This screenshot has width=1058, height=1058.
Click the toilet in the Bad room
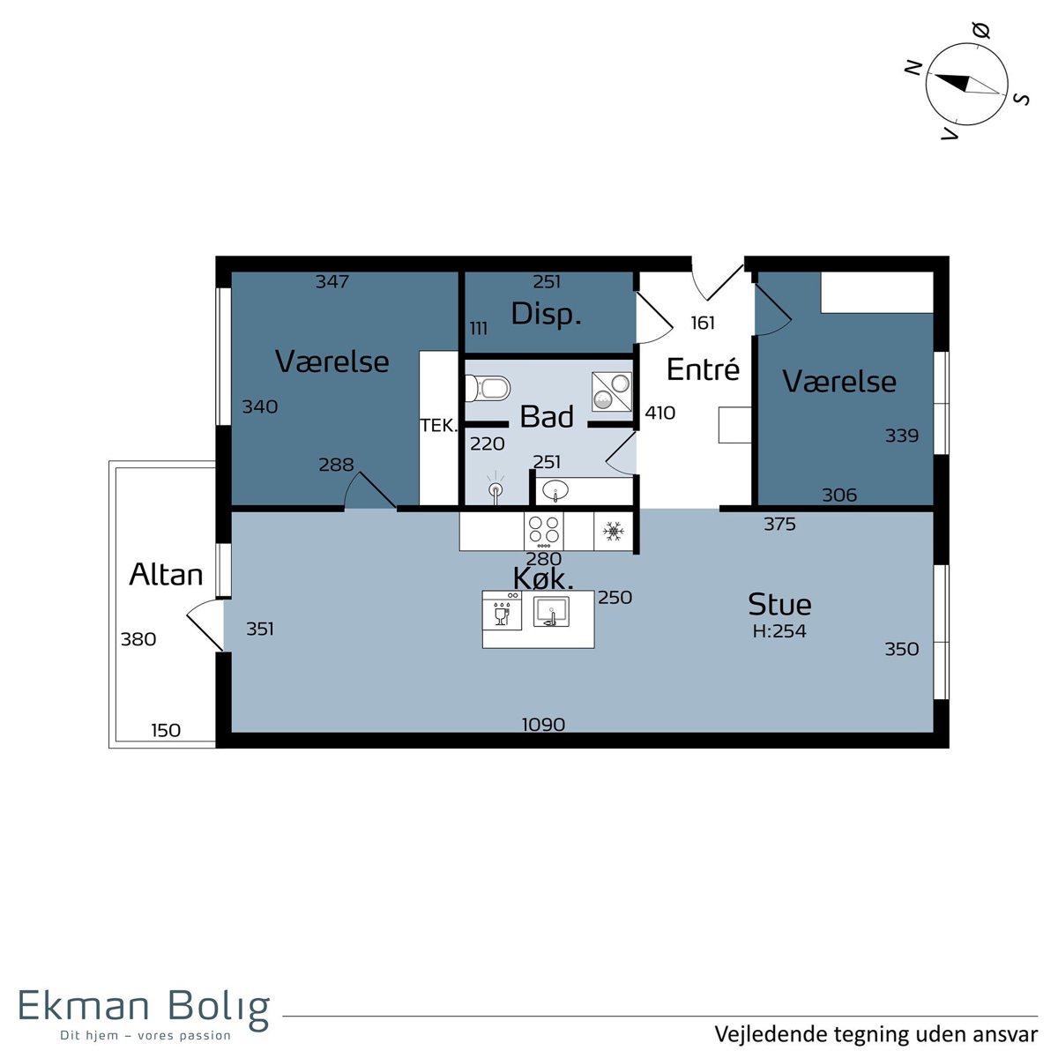pos(488,389)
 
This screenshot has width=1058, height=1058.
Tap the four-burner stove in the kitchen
pos(544,531)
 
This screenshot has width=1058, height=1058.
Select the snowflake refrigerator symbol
pos(613,531)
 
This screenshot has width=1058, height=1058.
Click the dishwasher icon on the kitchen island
pos(502,610)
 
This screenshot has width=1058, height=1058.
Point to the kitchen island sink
pos(551,612)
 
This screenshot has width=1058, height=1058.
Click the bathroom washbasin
pos(555,490)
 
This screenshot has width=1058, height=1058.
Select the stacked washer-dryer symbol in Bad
pos(612,391)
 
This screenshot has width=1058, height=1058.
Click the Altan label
pos(166,575)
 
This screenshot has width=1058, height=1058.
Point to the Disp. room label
pos(547,314)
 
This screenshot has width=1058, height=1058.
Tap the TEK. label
pos(439,426)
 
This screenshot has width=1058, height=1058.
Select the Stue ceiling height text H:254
pos(779,631)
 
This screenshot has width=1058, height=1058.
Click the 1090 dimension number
pos(543,725)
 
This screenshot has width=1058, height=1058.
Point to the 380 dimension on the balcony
pos(138,639)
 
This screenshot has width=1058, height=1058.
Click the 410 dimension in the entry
pos(660,413)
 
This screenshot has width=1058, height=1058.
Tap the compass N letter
pos(913,68)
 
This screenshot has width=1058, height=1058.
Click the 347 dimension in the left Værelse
pos(332,281)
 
